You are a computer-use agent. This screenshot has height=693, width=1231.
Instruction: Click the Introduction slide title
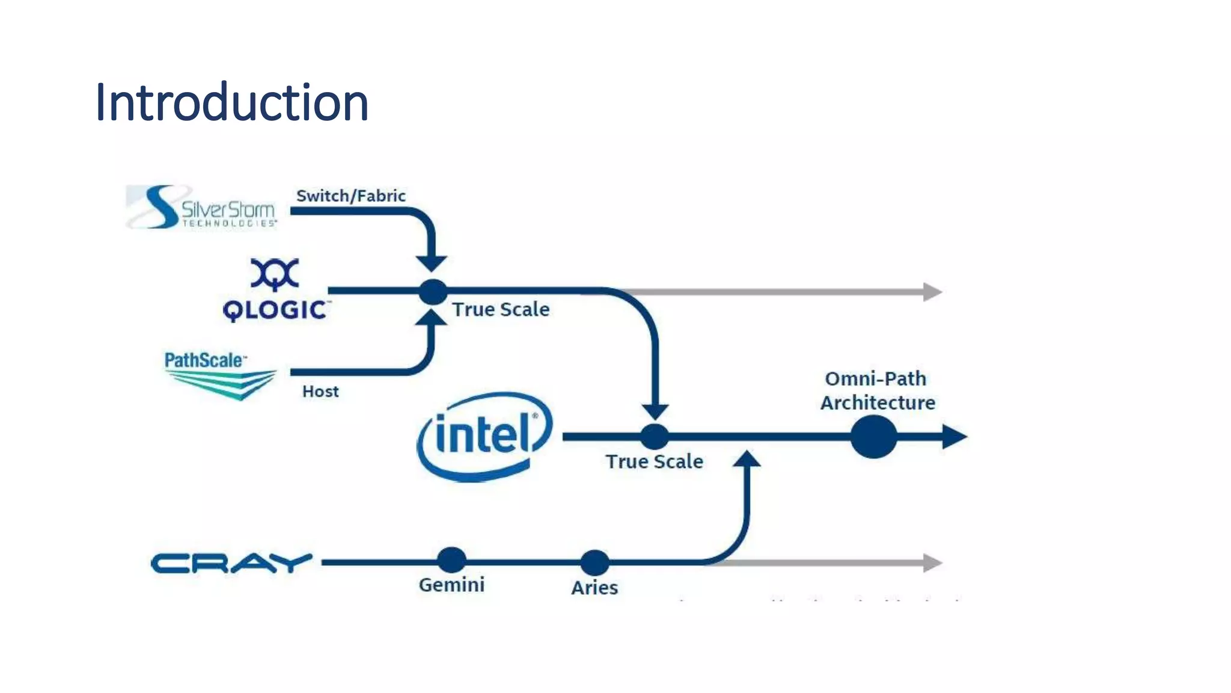(231, 103)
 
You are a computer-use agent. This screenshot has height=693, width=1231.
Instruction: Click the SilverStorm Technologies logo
(202, 208)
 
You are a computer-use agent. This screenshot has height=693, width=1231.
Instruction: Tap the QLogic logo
(275, 291)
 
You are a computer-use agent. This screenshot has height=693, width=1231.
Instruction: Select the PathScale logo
(219, 375)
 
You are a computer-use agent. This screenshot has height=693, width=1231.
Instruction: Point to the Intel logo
(484, 436)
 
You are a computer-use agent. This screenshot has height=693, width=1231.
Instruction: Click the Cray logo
(231, 563)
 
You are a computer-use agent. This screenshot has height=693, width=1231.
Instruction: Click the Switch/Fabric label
(350, 196)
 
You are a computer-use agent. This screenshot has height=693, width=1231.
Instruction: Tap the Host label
(320, 392)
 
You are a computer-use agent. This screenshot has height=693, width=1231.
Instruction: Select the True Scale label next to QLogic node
(501, 309)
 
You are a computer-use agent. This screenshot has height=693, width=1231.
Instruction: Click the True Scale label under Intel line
(654, 461)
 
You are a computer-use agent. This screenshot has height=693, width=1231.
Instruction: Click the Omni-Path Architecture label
(878, 390)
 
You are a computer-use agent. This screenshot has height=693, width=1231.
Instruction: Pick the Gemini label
(451, 585)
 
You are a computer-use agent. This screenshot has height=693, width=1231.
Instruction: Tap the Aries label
(594, 587)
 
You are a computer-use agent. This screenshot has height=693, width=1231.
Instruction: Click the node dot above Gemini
(451, 560)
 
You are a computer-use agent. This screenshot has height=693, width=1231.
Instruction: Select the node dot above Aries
(594, 562)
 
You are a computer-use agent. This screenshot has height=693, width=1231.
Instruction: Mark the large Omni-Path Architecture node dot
(873, 437)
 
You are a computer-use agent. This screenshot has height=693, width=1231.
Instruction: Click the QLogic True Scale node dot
(433, 292)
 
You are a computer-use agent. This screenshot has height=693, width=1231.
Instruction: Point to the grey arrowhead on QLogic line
(932, 292)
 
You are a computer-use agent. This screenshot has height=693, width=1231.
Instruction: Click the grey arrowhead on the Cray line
(932, 563)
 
